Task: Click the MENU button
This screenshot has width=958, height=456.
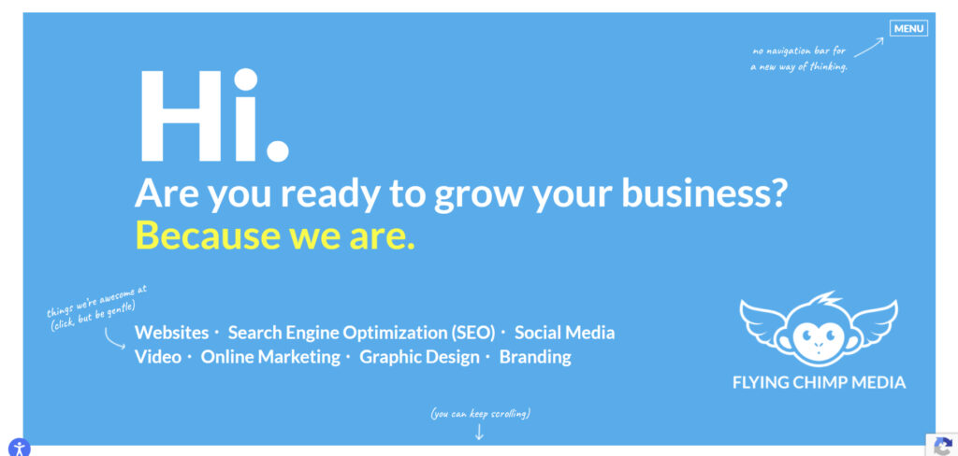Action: click(908, 28)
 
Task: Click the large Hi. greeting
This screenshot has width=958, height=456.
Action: click(212, 116)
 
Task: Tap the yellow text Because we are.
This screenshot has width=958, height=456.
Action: click(275, 235)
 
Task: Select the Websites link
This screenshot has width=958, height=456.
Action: click(172, 333)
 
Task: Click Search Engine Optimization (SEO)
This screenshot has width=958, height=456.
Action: click(361, 333)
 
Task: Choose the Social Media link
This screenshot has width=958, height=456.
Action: click(564, 333)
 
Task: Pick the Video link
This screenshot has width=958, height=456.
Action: click(158, 357)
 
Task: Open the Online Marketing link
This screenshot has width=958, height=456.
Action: click(270, 357)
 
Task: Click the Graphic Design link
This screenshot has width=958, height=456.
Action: click(419, 357)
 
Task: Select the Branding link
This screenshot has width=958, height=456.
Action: click(535, 357)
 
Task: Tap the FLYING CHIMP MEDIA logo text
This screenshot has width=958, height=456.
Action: click(820, 382)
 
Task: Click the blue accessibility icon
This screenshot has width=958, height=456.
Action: click(19, 447)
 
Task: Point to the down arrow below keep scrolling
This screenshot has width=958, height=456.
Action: click(480, 431)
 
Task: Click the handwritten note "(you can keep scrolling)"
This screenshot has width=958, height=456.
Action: click(480, 413)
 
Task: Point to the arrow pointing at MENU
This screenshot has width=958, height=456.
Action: click(869, 47)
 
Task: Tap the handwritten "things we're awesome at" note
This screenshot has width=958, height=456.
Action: click(96, 300)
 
